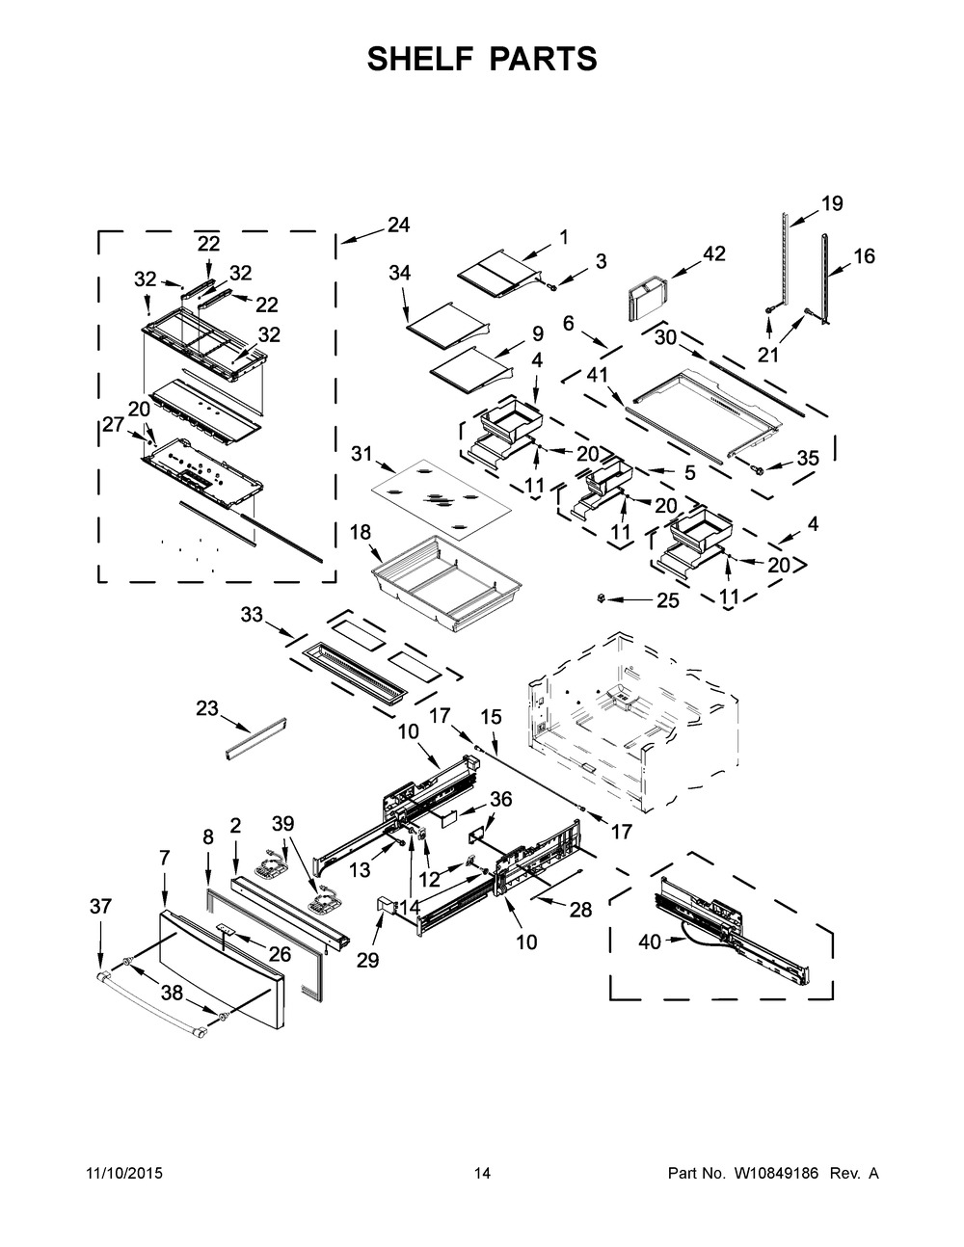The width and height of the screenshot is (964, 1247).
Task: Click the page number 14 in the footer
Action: [x=482, y=1174]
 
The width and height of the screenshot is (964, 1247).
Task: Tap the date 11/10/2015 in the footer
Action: [x=122, y=1174]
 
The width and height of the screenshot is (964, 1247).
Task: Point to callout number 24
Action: [x=397, y=225]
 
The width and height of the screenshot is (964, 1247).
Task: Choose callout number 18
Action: [x=361, y=531]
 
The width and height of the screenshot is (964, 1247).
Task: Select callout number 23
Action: [x=207, y=708]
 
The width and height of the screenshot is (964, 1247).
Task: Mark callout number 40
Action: [x=650, y=941]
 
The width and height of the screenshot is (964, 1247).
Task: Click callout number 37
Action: [x=100, y=905]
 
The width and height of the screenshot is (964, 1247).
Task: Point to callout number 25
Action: [x=667, y=601]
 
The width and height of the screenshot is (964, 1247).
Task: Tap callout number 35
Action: [x=808, y=458]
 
